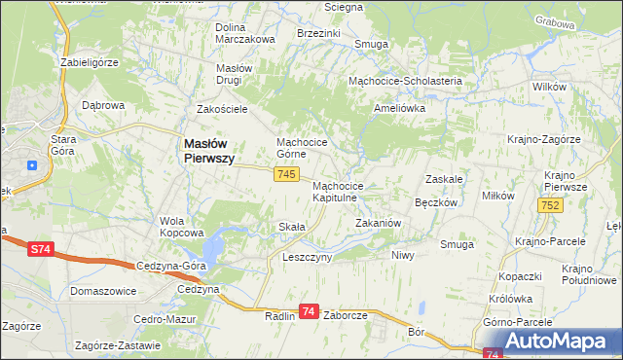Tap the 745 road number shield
coord(285,174)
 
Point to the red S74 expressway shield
coord(39,250)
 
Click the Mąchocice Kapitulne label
coord(339,192)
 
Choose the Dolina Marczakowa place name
coord(244,32)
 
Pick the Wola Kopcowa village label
coord(181,227)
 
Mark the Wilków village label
coord(550,87)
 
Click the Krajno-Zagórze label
coord(543,139)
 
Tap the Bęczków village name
coord(436,202)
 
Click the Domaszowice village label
coord(103,291)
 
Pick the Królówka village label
coord(511,300)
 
